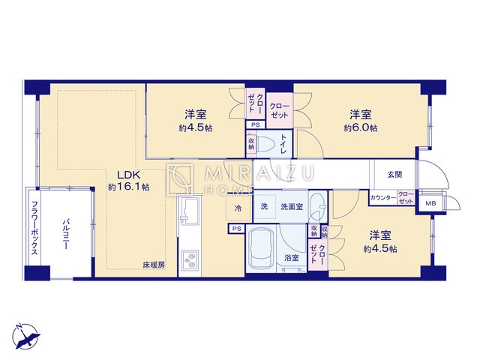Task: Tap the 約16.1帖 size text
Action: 128,187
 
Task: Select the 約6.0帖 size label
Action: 361,128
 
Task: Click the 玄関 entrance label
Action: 394,174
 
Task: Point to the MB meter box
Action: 430,203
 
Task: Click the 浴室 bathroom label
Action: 291,258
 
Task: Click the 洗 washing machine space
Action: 264,206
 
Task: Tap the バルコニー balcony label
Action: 66,233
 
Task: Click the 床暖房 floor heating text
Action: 154,265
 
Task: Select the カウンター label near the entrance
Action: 382,199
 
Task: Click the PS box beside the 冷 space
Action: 236,228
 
